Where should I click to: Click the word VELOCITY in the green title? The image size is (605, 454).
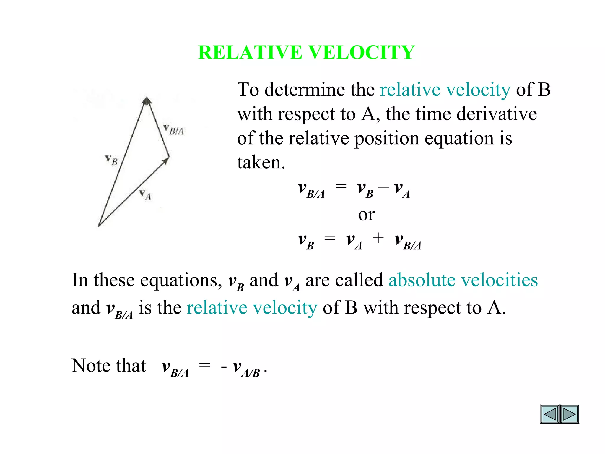tap(362, 52)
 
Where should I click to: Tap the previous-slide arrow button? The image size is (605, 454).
tap(550, 414)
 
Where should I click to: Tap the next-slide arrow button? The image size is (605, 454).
tap(569, 414)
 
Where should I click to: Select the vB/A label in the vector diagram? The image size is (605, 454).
tap(174, 130)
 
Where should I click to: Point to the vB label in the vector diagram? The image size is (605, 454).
tap(112, 160)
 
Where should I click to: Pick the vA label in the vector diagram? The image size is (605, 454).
tap(145, 194)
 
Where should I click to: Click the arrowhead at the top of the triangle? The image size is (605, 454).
tap(147, 101)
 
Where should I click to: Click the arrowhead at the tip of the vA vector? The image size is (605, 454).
tap(166, 160)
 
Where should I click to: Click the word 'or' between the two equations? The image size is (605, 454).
tap(366, 215)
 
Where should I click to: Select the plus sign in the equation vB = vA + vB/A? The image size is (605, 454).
tap(378, 238)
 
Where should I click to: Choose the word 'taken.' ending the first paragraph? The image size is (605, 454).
tap(261, 163)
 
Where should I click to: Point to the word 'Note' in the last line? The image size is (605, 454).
tap(91, 366)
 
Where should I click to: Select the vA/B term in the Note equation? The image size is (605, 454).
tap(246, 368)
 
